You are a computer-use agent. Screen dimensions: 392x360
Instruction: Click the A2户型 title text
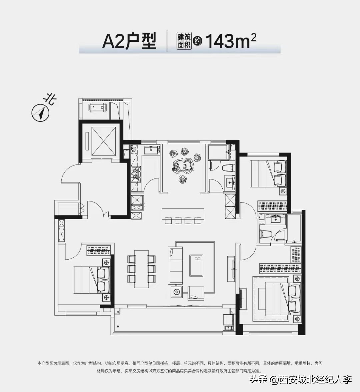pos(129,41)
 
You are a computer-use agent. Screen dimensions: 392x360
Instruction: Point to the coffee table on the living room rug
pos(196,265)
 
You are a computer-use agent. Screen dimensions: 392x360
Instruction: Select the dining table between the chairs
pos(141,269)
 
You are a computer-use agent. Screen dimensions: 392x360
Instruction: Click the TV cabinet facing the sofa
pos(231,269)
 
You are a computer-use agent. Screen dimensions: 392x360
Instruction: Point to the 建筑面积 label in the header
pos(184,41)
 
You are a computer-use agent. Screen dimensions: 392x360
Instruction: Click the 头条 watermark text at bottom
pos(259,380)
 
